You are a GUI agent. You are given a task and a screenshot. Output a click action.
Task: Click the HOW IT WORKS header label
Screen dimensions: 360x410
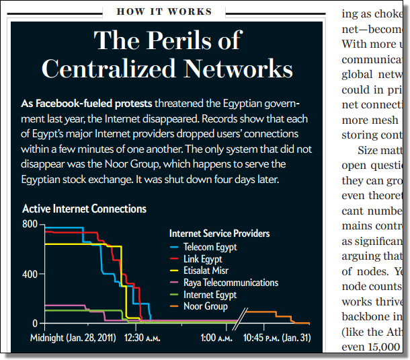point(164,11)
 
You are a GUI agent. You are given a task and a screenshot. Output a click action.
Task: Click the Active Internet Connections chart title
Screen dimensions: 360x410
point(84,209)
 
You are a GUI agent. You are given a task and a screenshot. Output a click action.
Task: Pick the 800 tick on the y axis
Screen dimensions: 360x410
point(29,224)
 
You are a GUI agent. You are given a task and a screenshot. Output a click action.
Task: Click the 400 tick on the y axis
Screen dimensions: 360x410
point(29,274)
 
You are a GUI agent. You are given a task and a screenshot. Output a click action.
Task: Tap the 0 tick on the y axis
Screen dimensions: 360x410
point(35,324)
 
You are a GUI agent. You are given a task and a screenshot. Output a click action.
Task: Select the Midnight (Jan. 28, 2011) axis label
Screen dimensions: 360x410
point(73,337)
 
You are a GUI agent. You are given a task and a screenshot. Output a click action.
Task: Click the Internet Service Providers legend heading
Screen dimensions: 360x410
point(220,233)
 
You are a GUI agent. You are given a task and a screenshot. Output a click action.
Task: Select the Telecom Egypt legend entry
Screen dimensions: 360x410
point(210,246)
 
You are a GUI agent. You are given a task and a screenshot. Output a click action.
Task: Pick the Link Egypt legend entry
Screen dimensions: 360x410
point(202,258)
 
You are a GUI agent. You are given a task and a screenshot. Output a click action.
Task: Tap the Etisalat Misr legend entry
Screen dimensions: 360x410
point(206,271)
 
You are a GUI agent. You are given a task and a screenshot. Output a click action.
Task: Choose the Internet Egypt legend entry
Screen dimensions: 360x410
point(210,295)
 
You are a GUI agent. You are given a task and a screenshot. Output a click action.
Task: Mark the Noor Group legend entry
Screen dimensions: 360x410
point(205,307)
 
